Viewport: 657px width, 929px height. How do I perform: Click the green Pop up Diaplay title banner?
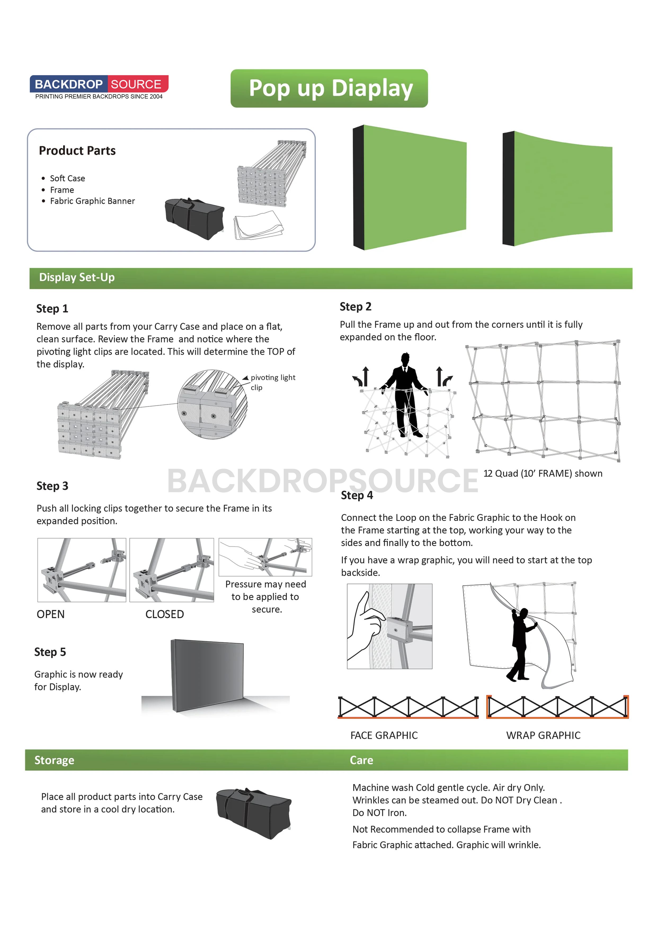point(329,88)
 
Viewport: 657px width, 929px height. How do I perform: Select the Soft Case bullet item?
point(67,178)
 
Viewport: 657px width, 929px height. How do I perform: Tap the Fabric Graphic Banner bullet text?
point(92,201)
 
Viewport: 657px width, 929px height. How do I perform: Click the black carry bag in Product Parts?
point(194,218)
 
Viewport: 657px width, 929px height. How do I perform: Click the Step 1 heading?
point(52,309)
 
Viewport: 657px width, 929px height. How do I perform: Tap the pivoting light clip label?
point(272,382)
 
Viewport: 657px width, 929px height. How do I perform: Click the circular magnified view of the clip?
point(212,404)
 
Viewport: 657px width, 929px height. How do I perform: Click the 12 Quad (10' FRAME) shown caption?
point(543,474)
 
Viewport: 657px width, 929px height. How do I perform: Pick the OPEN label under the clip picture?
point(51,614)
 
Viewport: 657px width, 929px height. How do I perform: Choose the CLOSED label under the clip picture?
point(164,614)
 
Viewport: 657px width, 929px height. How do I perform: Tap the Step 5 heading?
point(50,652)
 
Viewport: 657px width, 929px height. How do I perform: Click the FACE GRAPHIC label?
point(384,735)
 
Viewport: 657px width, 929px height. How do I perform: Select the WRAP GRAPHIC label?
point(543,735)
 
